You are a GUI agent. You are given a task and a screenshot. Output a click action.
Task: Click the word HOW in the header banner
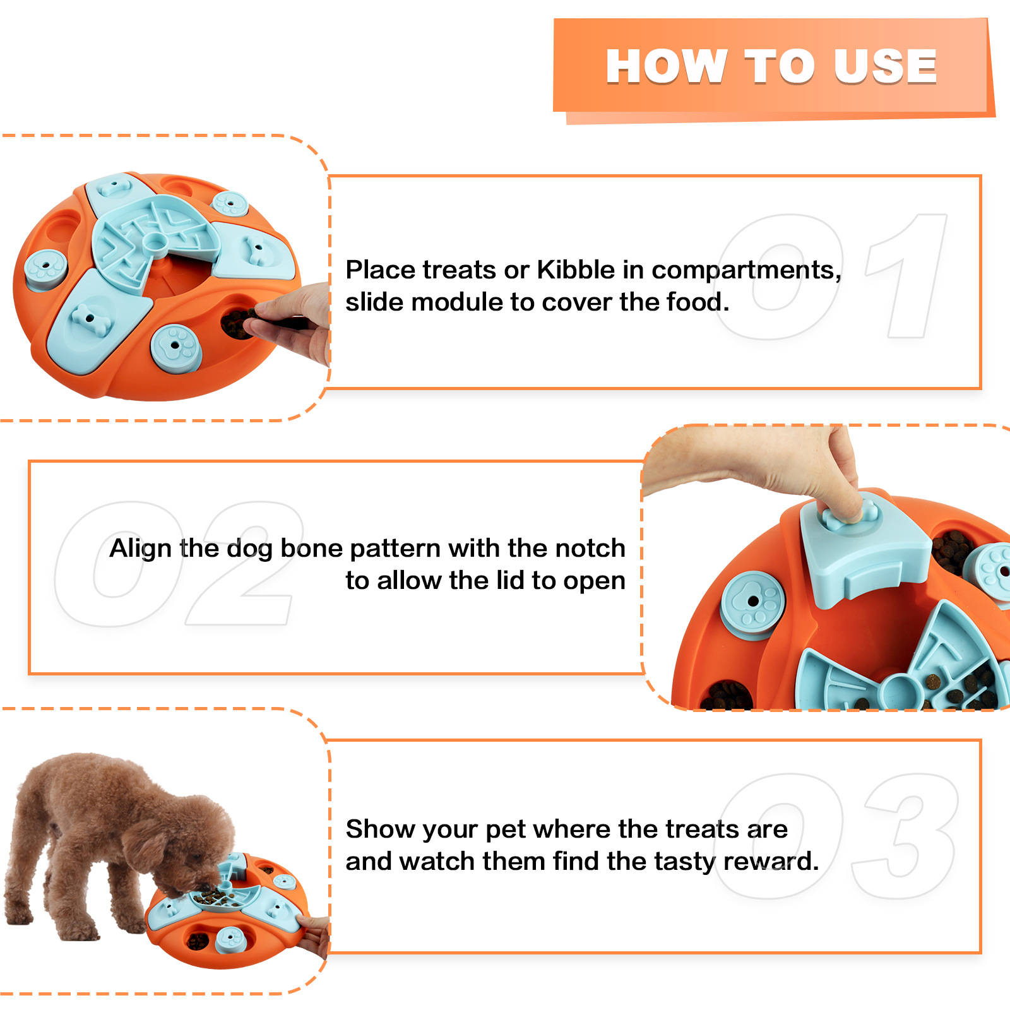point(666,66)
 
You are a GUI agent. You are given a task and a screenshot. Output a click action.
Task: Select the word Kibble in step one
point(575,270)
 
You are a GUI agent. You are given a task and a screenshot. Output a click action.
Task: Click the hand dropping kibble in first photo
point(294,322)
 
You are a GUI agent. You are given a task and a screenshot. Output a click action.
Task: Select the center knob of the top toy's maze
point(153,241)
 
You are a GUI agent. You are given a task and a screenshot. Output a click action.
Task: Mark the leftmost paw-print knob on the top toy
point(45,268)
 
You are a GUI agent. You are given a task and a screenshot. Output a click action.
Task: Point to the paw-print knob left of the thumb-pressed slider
point(752,603)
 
